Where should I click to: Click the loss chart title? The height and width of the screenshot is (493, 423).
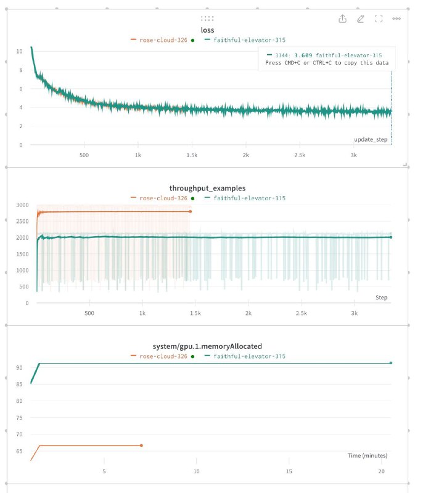[207, 30]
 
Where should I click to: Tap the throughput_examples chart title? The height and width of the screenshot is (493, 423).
[207, 188]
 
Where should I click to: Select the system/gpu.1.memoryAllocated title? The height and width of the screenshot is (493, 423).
[207, 346]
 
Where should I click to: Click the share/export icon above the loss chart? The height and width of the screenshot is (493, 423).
[342, 19]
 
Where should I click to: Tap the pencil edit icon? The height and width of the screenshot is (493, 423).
[361, 19]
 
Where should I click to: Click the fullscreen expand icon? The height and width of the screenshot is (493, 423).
[379, 19]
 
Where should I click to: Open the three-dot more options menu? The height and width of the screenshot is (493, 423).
[396, 18]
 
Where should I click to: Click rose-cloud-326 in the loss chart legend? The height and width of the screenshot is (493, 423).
[163, 40]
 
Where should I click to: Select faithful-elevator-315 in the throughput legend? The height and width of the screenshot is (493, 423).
[249, 198]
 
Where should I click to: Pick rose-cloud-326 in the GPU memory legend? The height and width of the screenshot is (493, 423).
[163, 356]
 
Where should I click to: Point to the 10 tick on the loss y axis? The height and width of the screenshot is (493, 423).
[20, 51]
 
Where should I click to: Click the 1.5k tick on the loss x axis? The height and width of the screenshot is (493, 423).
[192, 155]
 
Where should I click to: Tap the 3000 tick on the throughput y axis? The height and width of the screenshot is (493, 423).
[22, 205]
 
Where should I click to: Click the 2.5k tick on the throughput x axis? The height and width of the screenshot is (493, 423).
[302, 313]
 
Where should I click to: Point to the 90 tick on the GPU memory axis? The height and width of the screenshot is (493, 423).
[20, 367]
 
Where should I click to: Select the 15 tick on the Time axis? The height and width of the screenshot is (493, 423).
[289, 471]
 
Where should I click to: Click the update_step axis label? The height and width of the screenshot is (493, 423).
[371, 139]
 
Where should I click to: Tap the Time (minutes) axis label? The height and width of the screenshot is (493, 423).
[368, 455]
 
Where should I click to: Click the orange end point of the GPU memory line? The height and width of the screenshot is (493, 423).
[141, 446]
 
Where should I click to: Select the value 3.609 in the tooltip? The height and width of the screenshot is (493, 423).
[303, 55]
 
